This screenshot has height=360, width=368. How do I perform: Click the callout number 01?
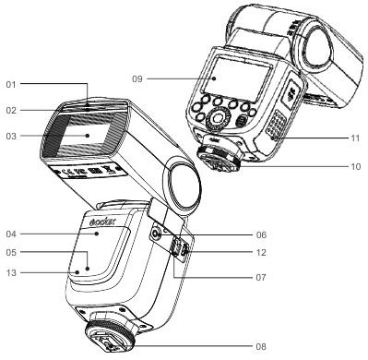pyautogui.click(x=10, y=85)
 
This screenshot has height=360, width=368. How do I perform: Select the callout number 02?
pyautogui.click(x=10, y=109)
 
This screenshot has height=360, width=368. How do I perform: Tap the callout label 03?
pyautogui.click(x=10, y=136)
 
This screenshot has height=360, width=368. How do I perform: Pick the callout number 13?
pyautogui.click(x=10, y=272)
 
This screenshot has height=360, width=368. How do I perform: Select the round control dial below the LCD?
pyautogui.click(x=219, y=119)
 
